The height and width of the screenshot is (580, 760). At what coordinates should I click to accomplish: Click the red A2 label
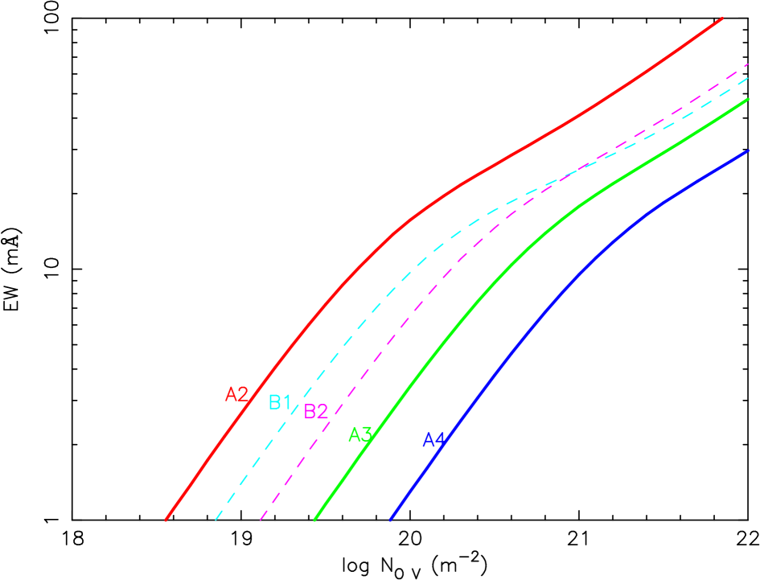[236, 394]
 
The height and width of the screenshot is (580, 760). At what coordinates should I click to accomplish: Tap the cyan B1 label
[279, 402]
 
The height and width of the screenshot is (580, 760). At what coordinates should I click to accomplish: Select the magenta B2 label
[315, 411]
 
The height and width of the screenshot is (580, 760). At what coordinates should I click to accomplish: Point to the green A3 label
[359, 435]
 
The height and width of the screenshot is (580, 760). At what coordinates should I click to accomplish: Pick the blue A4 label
[433, 440]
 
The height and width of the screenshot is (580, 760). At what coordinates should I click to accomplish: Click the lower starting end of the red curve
[166, 520]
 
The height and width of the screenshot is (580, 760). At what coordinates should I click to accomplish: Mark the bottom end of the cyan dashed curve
[216, 520]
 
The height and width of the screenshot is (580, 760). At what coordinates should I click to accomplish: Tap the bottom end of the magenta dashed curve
[261, 520]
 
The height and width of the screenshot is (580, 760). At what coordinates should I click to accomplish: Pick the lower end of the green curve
[314, 520]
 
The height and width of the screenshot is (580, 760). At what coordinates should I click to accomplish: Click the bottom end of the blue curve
[390, 520]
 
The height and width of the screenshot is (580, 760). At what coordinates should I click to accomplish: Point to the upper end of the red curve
[722, 17]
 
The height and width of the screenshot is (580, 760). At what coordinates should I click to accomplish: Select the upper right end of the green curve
[749, 99]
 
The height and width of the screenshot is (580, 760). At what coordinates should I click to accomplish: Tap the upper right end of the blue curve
[749, 150]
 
